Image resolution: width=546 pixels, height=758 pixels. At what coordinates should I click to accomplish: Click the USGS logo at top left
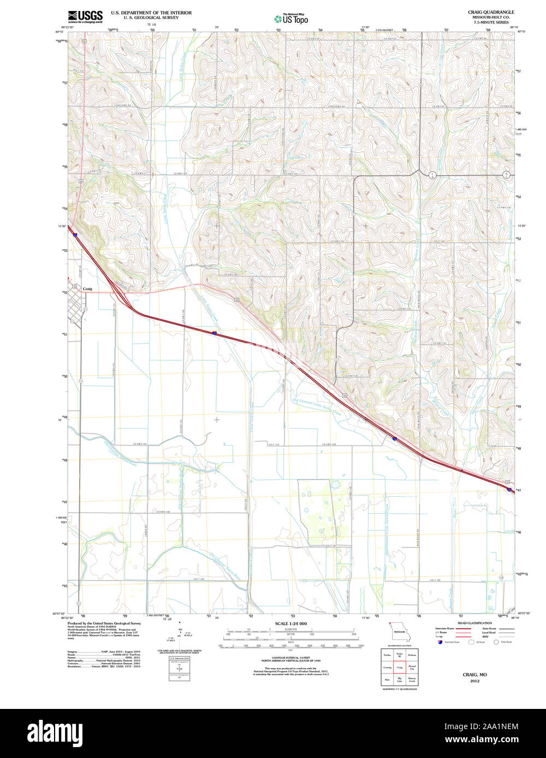[85, 16]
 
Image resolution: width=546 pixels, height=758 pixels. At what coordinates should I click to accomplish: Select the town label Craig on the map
[87, 289]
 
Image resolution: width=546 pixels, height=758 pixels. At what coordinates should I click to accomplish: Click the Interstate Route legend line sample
[463, 629]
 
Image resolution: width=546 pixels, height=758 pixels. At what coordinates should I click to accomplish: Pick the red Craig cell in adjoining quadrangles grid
[400, 667]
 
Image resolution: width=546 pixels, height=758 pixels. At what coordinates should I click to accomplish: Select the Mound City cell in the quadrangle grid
[412, 667]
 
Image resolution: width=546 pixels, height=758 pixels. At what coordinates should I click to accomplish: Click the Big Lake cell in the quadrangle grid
[400, 679]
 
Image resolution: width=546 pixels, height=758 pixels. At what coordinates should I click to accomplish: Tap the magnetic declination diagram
[180, 635]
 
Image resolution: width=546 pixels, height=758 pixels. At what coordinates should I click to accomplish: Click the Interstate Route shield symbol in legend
[440, 642]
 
